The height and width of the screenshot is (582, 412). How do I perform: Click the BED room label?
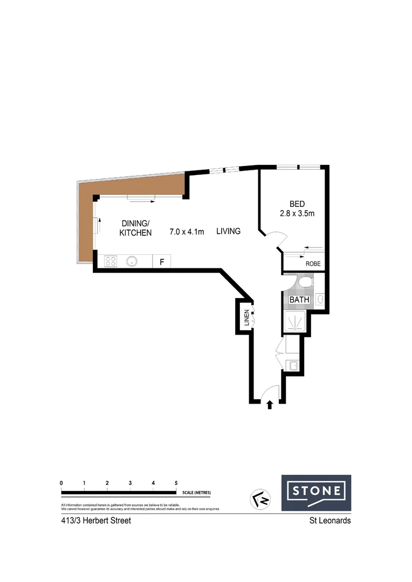pos(297,204)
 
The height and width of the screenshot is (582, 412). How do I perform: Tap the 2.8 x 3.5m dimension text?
pos(297,214)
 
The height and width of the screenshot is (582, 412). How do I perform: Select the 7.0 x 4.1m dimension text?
pos(187,232)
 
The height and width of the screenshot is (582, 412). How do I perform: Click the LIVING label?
pos(228,232)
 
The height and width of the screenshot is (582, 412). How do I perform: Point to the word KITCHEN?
pos(136,233)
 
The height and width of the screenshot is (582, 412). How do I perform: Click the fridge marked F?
pos(161,262)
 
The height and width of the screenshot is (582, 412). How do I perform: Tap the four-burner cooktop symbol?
pos(111,261)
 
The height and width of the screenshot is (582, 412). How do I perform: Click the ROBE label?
pos(313,264)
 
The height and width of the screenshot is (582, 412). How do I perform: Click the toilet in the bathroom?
pos(305,282)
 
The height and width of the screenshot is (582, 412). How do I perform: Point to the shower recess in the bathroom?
pos(294,322)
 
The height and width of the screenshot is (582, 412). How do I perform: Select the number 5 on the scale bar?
pos(176,483)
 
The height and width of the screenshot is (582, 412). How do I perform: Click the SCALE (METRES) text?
pos(197,493)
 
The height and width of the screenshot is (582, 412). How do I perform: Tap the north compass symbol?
pos(262,500)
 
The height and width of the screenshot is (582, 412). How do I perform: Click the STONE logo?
pos(316,492)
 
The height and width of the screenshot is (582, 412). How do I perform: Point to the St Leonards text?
pos(329,521)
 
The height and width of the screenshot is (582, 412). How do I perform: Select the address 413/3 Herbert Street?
pos(96,521)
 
